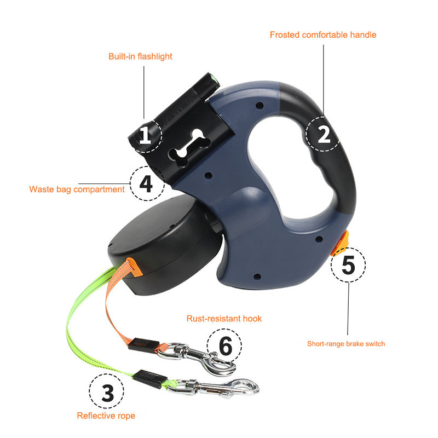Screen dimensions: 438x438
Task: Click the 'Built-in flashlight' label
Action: (x=140, y=56)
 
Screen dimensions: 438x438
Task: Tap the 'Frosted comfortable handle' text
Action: (x=323, y=35)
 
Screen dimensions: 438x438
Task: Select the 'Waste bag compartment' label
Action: (x=77, y=189)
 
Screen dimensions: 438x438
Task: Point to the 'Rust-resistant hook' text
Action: (x=224, y=319)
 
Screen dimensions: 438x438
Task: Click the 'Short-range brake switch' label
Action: (x=346, y=344)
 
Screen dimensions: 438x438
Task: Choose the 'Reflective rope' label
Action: (x=106, y=416)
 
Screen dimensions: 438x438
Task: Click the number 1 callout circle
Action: (x=145, y=136)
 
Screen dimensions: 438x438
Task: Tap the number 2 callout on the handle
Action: (x=324, y=134)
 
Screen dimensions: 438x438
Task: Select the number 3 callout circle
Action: (x=106, y=391)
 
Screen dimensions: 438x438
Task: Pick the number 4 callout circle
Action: (x=147, y=183)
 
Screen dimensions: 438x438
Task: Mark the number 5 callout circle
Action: (x=348, y=264)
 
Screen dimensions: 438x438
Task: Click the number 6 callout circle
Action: (x=224, y=346)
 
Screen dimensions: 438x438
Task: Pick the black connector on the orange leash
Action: (x=144, y=345)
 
